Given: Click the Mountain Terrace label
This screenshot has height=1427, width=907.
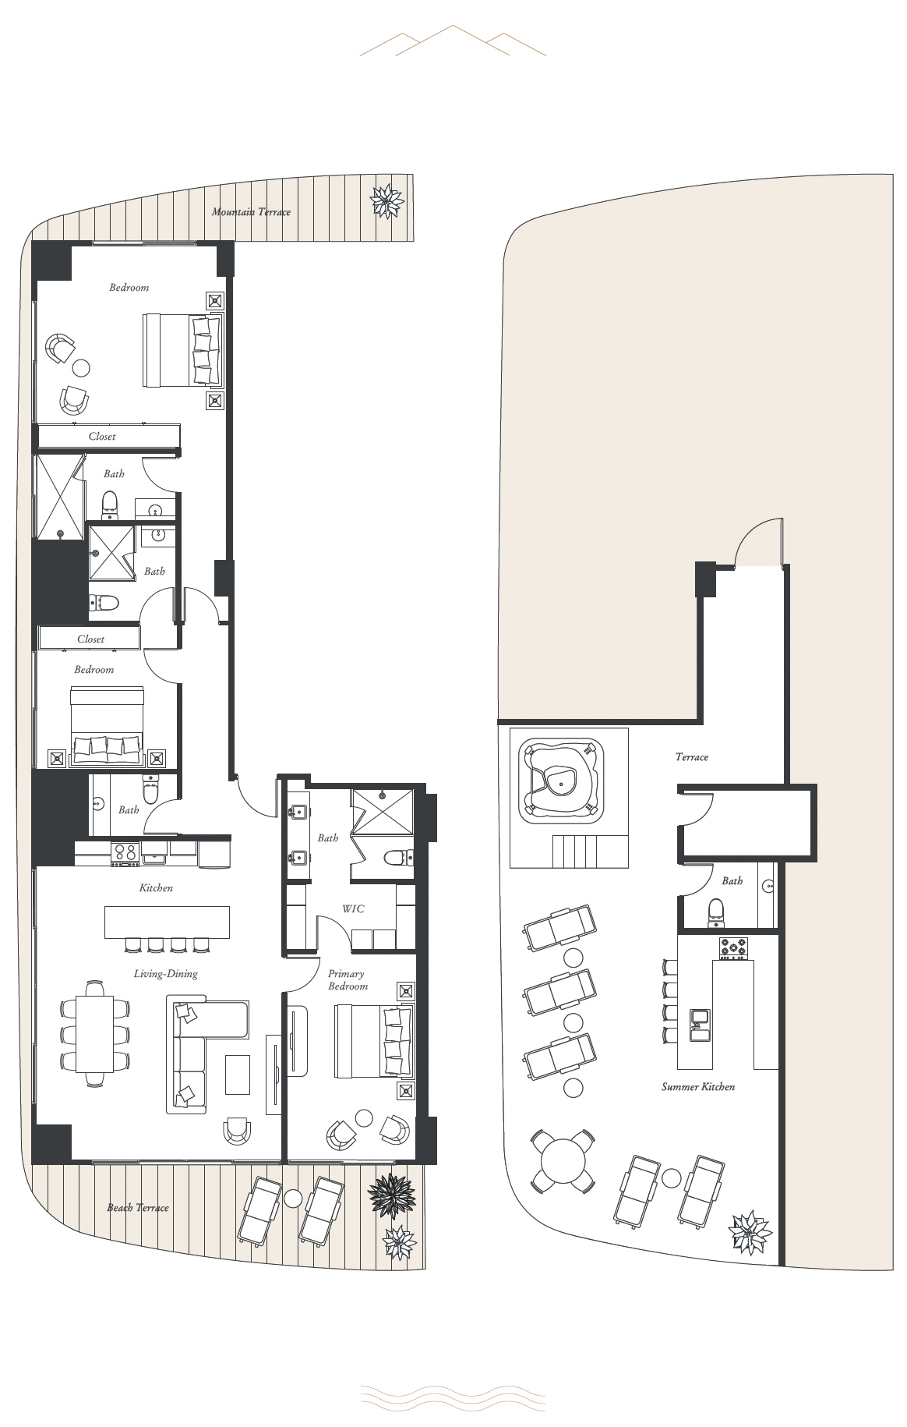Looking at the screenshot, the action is coord(251,212).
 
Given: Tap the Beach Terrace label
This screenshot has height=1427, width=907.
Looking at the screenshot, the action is coord(138,1208).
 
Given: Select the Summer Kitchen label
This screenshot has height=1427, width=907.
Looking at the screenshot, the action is coord(698,1086).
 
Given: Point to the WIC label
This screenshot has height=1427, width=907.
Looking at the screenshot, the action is coord(353,908).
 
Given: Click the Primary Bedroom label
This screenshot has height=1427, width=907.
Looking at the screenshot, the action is coord(348,979).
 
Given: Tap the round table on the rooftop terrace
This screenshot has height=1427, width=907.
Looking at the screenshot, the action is coord(563,1161).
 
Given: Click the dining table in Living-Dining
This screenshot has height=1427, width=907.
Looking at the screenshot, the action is coord(95,1034).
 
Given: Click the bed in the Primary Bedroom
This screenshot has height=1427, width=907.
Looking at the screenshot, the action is coord(373,1041).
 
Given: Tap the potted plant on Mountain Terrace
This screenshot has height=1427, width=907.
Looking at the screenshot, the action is coord(386,201).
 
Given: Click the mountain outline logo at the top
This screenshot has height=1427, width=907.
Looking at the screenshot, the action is coord(453,41).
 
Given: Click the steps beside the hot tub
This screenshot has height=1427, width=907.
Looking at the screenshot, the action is coord(590,851).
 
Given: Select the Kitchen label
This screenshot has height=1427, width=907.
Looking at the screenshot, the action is coord(156,888).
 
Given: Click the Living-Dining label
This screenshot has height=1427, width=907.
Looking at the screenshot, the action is coord(165,974).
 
